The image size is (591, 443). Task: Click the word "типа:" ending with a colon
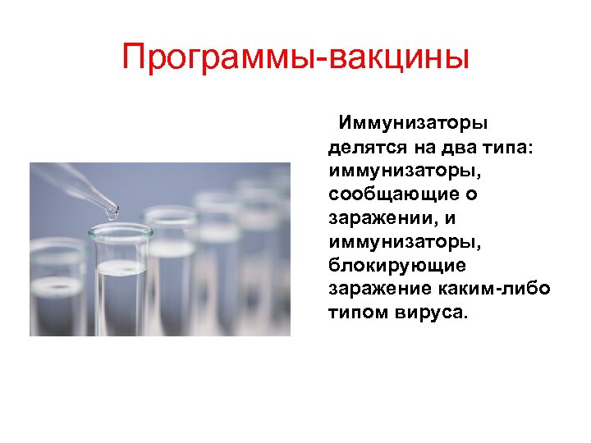pos(510,148)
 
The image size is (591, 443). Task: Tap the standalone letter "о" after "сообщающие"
pos(474,195)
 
